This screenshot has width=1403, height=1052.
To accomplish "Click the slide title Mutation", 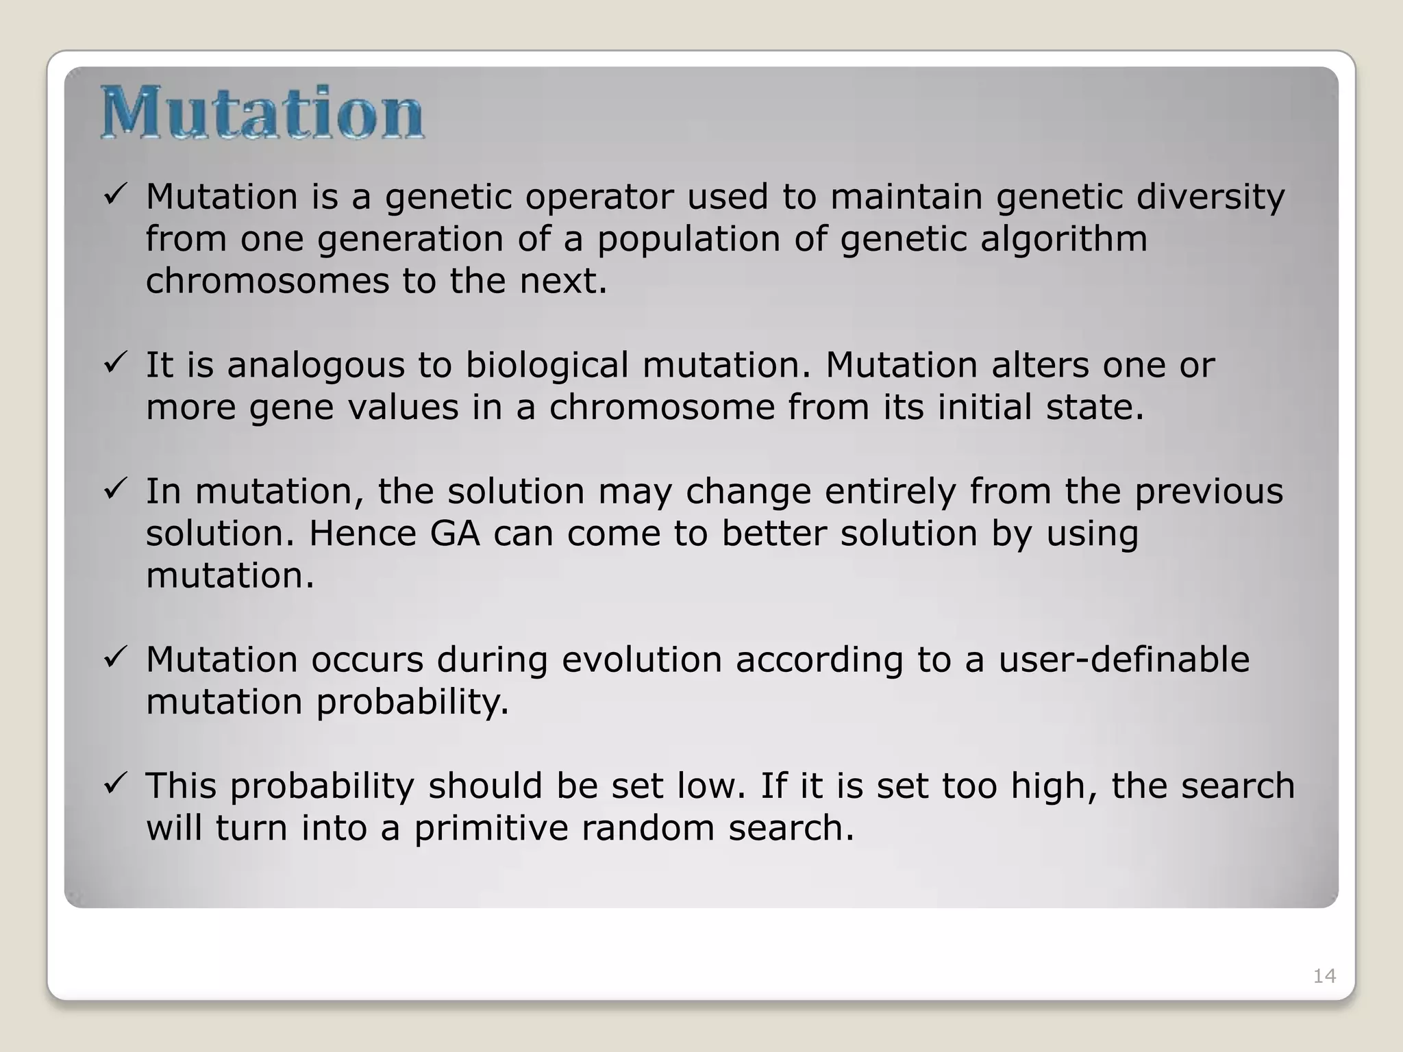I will tap(262, 113).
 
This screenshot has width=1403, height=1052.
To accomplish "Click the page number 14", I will tap(1324, 976).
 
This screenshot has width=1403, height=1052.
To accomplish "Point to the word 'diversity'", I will tap(1210, 198).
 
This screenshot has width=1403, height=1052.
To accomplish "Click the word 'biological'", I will tap(547, 365).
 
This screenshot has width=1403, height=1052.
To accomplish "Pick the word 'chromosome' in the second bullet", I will tap(661, 408).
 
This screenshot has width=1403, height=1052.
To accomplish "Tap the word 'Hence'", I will tap(362, 534).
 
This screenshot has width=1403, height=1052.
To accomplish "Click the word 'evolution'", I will tap(642, 660).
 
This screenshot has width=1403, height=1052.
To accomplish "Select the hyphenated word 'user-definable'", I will tap(1123, 660).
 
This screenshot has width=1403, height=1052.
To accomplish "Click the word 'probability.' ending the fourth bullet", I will tap(412, 703).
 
